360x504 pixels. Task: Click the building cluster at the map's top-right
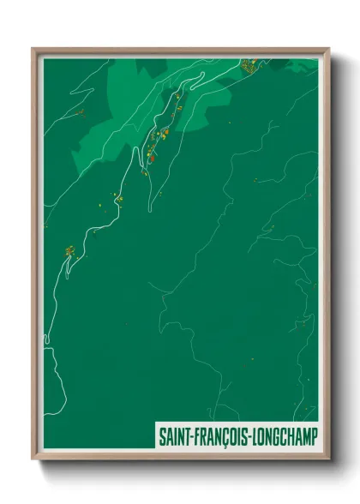[249, 64]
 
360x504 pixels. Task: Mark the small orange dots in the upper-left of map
[81, 111]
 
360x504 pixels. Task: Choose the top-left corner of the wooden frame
[34, 50]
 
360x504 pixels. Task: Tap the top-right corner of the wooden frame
[329, 50]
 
